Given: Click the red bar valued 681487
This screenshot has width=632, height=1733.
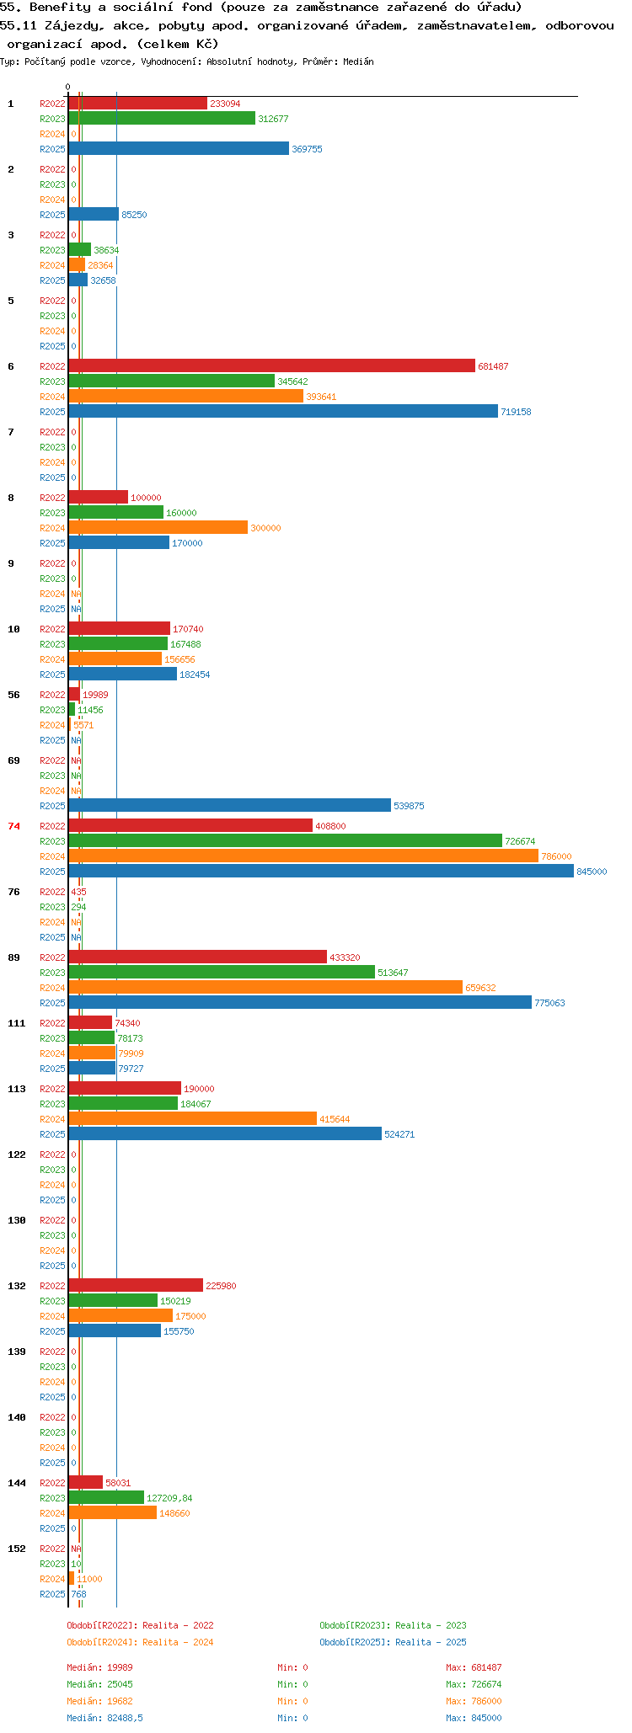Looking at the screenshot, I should point(271,365).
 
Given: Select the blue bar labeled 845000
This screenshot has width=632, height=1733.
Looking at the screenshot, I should point(321,871).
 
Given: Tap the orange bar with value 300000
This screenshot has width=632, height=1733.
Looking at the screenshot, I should point(158,527).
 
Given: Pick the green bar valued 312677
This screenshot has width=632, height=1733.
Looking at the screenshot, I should point(162,118).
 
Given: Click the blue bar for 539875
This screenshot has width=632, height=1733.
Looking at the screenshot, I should point(229,805).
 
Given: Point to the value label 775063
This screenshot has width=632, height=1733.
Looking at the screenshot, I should point(549,1003).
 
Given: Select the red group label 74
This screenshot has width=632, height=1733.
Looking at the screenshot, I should point(13,826).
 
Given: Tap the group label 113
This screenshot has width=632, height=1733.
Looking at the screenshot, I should point(17,1089).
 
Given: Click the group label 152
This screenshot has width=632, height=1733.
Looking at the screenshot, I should point(17,1549).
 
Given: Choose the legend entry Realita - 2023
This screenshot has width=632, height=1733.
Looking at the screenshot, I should point(393,1625).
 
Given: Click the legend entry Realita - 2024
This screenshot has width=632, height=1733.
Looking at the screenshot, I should point(140,1642).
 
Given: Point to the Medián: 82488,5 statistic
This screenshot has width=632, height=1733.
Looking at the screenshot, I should point(104,1718).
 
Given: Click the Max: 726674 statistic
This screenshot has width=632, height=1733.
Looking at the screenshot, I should point(474,1684).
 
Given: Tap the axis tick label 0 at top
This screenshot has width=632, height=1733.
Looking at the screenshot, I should point(68,87).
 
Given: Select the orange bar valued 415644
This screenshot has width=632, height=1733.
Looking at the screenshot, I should point(192,1118).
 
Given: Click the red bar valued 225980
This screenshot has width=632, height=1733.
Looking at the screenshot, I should point(136,1285).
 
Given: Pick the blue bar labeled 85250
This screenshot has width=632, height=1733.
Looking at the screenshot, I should point(94,214).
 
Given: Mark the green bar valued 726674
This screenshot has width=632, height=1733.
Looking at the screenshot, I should point(285,840).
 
